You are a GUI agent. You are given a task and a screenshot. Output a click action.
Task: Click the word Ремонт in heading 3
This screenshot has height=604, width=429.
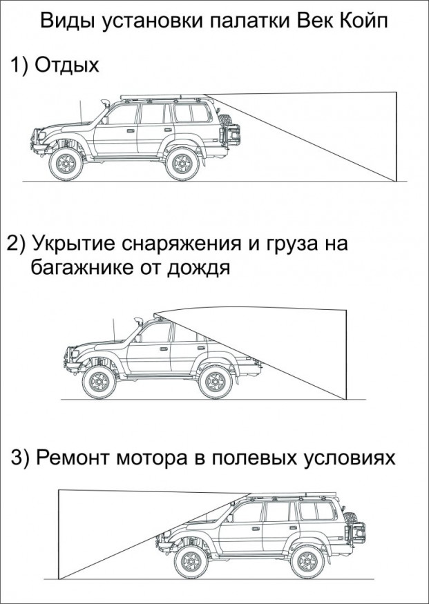77,458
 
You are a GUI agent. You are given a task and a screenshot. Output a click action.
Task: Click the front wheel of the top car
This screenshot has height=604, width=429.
67,164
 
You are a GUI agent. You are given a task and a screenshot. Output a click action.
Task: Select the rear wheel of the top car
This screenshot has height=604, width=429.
182,164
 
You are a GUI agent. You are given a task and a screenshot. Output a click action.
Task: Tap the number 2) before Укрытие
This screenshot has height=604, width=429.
17,245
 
